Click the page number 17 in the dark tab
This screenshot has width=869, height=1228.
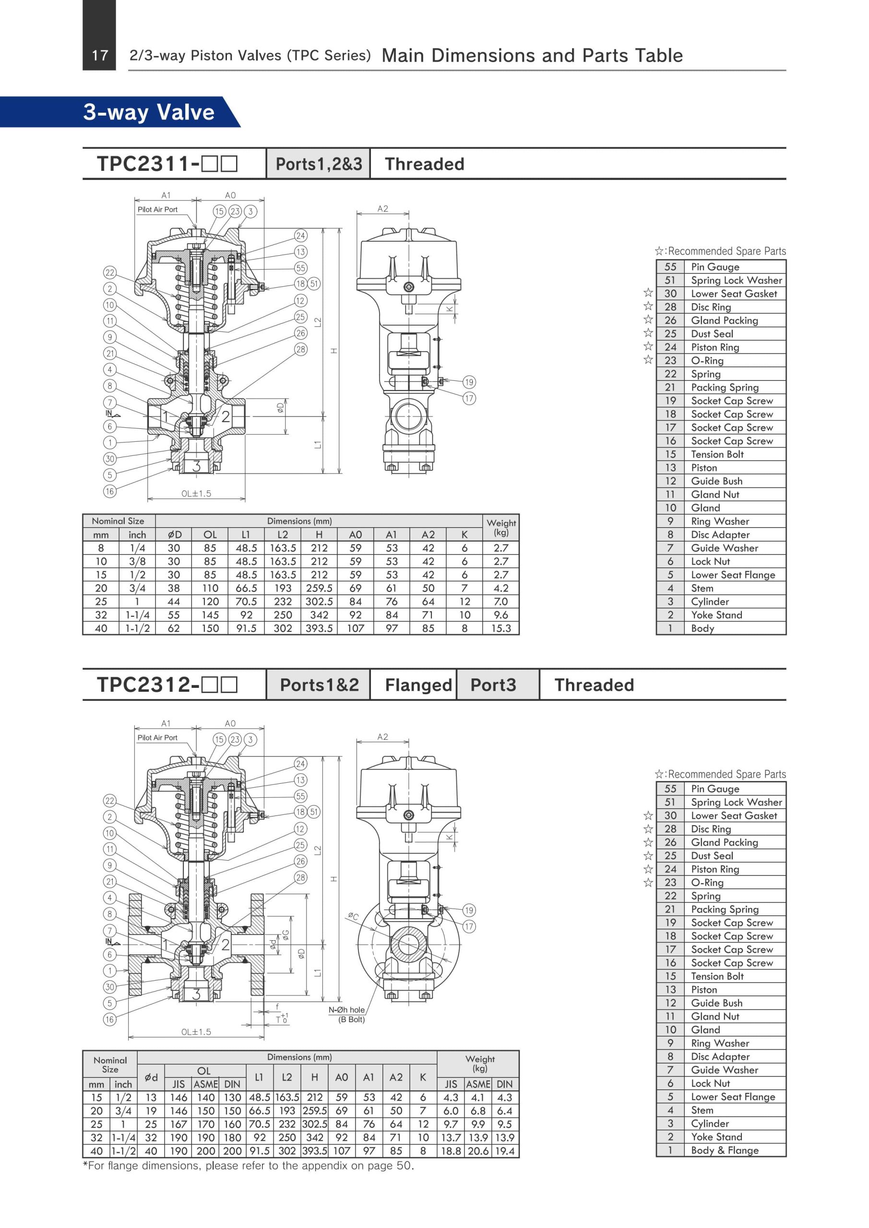(x=100, y=55)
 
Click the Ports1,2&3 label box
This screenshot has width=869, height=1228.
(x=319, y=164)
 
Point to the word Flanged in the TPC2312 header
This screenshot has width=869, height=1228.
(x=418, y=685)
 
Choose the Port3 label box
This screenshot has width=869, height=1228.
(x=493, y=685)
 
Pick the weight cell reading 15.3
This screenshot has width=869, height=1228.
(x=501, y=628)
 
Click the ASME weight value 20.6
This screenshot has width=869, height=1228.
(x=478, y=1151)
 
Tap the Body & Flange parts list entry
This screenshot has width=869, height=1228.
(x=725, y=1150)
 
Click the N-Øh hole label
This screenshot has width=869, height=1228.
(x=347, y=1010)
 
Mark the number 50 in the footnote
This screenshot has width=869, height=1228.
(x=404, y=1166)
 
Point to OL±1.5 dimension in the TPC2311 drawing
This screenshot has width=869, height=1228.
(x=196, y=494)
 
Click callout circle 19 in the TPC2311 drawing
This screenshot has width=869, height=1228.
(x=469, y=382)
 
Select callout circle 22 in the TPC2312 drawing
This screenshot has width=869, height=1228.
(x=110, y=801)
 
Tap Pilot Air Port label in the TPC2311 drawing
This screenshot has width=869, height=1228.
(x=157, y=210)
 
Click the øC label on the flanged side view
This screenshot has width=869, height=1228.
(x=353, y=916)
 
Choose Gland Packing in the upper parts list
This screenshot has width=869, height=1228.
(x=725, y=320)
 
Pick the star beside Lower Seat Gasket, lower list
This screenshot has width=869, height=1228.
(x=648, y=815)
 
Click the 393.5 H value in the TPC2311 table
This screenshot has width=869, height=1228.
(x=319, y=628)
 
